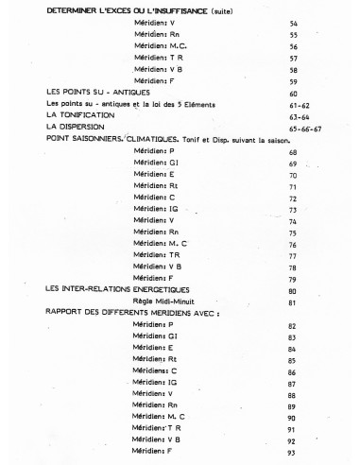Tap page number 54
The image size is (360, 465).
tap(295, 22)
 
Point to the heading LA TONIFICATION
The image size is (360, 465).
tap(80, 114)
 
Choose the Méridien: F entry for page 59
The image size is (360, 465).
tap(156, 80)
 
